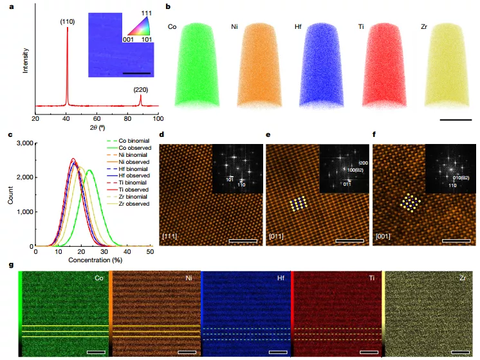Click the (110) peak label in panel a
(66, 21)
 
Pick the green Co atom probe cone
(199, 61)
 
